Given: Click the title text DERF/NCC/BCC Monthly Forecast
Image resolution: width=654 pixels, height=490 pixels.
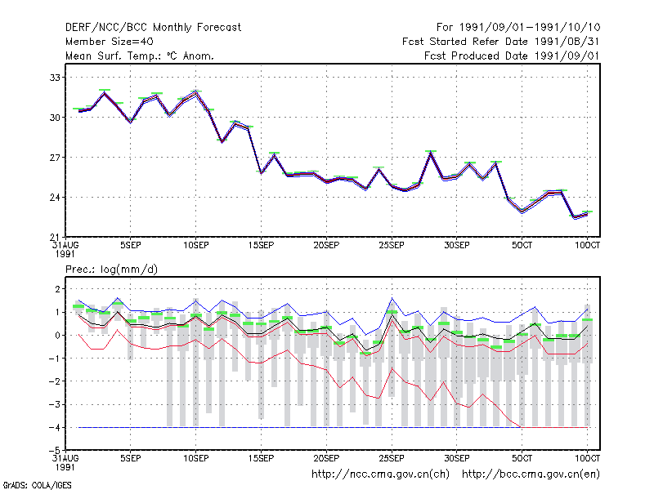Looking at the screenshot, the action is [153, 28].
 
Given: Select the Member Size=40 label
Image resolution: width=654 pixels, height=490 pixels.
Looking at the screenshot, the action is [110, 42].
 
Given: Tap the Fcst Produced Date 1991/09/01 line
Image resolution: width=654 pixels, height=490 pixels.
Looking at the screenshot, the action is [512, 56].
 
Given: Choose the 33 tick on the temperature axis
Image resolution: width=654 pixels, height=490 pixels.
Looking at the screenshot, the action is [55, 78].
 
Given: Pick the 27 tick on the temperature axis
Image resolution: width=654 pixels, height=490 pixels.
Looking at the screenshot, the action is [55, 158].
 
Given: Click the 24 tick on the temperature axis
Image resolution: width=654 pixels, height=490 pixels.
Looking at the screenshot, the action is [55, 197].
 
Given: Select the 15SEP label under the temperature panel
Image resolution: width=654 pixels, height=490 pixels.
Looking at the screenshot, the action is [261, 246].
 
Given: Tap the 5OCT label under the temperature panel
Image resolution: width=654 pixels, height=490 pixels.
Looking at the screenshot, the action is [522, 246].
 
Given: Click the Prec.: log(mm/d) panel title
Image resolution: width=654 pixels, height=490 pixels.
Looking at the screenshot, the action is [111, 269].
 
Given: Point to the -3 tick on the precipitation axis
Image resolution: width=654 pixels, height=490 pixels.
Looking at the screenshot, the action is [55, 404].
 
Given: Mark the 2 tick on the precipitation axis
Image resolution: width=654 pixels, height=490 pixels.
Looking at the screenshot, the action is [57, 289].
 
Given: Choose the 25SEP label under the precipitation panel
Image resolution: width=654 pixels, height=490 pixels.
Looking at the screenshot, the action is [392, 458].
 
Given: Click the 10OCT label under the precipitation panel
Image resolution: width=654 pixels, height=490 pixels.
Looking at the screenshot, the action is [587, 458].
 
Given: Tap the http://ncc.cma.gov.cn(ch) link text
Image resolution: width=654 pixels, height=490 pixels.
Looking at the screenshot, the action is [380, 474].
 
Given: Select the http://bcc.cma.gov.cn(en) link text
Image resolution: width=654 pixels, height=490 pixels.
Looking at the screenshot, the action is [531, 474].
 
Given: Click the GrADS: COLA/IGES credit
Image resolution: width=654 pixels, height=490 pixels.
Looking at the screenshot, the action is [37, 485].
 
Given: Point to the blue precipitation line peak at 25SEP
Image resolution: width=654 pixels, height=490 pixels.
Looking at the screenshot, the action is [392, 298].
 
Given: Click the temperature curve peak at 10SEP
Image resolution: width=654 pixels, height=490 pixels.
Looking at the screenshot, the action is [195, 91].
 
